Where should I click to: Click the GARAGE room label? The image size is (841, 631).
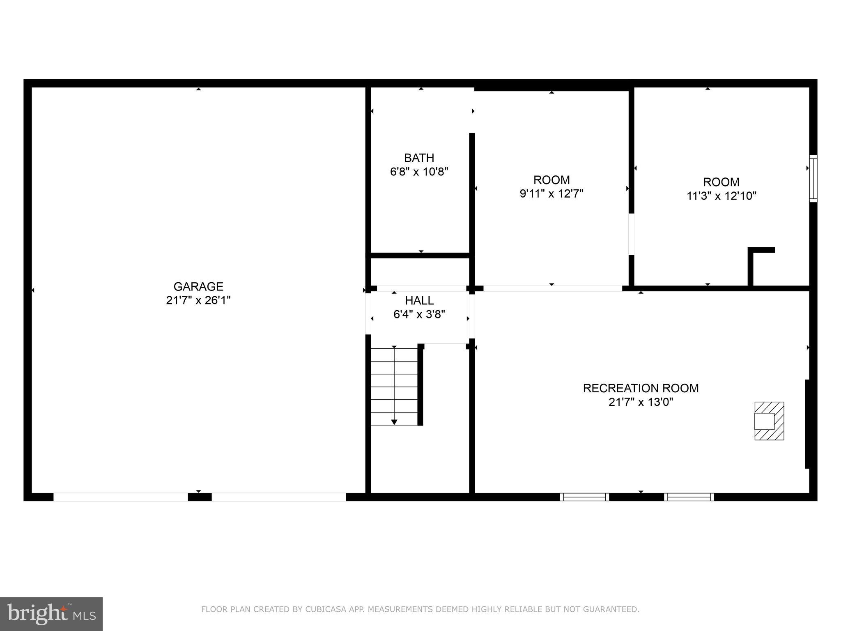coord(198,286)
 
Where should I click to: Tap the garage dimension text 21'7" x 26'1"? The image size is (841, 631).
coord(198,300)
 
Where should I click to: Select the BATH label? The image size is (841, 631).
coord(419,158)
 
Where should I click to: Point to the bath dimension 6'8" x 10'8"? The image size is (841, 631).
coord(419,171)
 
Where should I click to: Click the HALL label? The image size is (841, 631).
coord(419,300)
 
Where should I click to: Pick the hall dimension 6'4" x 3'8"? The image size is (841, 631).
coord(419,314)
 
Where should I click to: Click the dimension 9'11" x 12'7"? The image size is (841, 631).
coord(551,193)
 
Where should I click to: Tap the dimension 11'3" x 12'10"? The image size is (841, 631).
coord(722,196)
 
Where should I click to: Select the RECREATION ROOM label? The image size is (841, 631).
coord(641,388)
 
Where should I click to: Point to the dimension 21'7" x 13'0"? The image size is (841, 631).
coord(641,402)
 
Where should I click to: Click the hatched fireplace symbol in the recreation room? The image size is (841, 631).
coord(769,421)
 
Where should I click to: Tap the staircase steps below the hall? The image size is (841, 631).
coord(394,386)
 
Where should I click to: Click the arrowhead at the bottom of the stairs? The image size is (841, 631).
coord(394,422)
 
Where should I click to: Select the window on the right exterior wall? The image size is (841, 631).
coord(813,178)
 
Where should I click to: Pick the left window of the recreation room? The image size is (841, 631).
coord(584,497)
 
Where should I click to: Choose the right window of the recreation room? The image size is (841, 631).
coord(689,497)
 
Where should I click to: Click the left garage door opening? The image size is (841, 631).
coord(121,497)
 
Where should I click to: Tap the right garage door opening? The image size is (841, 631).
coord(279,497)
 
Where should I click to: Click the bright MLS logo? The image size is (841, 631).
coord(51,614)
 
